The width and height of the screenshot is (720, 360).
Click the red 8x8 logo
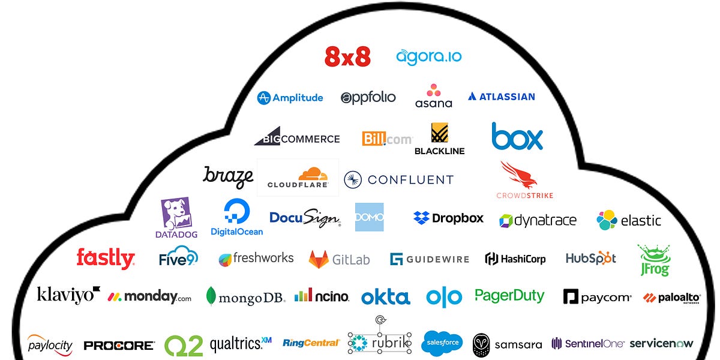(347, 56)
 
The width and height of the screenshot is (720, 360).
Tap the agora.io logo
(428, 57)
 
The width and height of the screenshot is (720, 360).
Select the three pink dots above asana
(433, 91)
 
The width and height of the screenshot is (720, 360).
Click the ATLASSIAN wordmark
(502, 97)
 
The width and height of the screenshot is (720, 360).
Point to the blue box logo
(517, 137)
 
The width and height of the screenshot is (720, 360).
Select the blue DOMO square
(369, 217)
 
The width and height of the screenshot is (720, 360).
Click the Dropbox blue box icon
(421, 218)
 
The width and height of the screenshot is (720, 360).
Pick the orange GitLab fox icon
(319, 259)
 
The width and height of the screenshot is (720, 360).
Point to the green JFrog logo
(653, 259)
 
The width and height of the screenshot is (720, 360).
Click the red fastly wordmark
(106, 259)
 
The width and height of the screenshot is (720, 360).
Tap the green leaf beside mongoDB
(211, 296)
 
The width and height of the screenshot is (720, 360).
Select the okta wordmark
(385, 297)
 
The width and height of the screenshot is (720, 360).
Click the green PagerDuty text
(509, 295)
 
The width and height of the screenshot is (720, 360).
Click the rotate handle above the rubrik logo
(379, 320)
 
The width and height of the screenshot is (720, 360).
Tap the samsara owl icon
(481, 345)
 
